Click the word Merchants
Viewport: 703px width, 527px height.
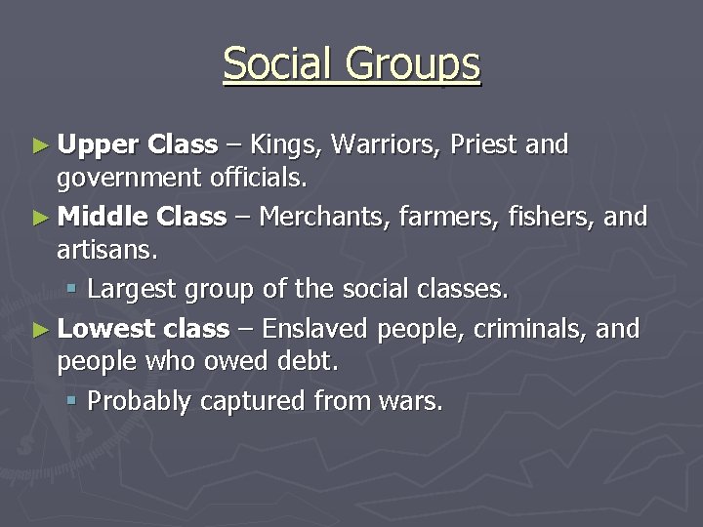327,217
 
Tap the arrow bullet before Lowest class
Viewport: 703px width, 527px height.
39,329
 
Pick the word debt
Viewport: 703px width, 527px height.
304,362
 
